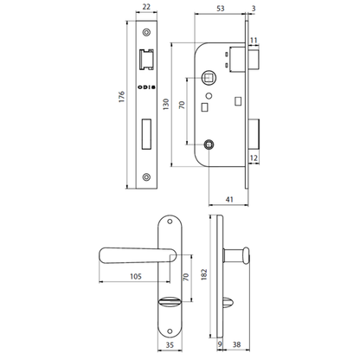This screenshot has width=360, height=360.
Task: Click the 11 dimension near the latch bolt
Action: tap(253, 40)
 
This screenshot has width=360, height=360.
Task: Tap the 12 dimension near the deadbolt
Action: tap(253, 158)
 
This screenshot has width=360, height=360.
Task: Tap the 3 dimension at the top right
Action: tap(253, 10)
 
